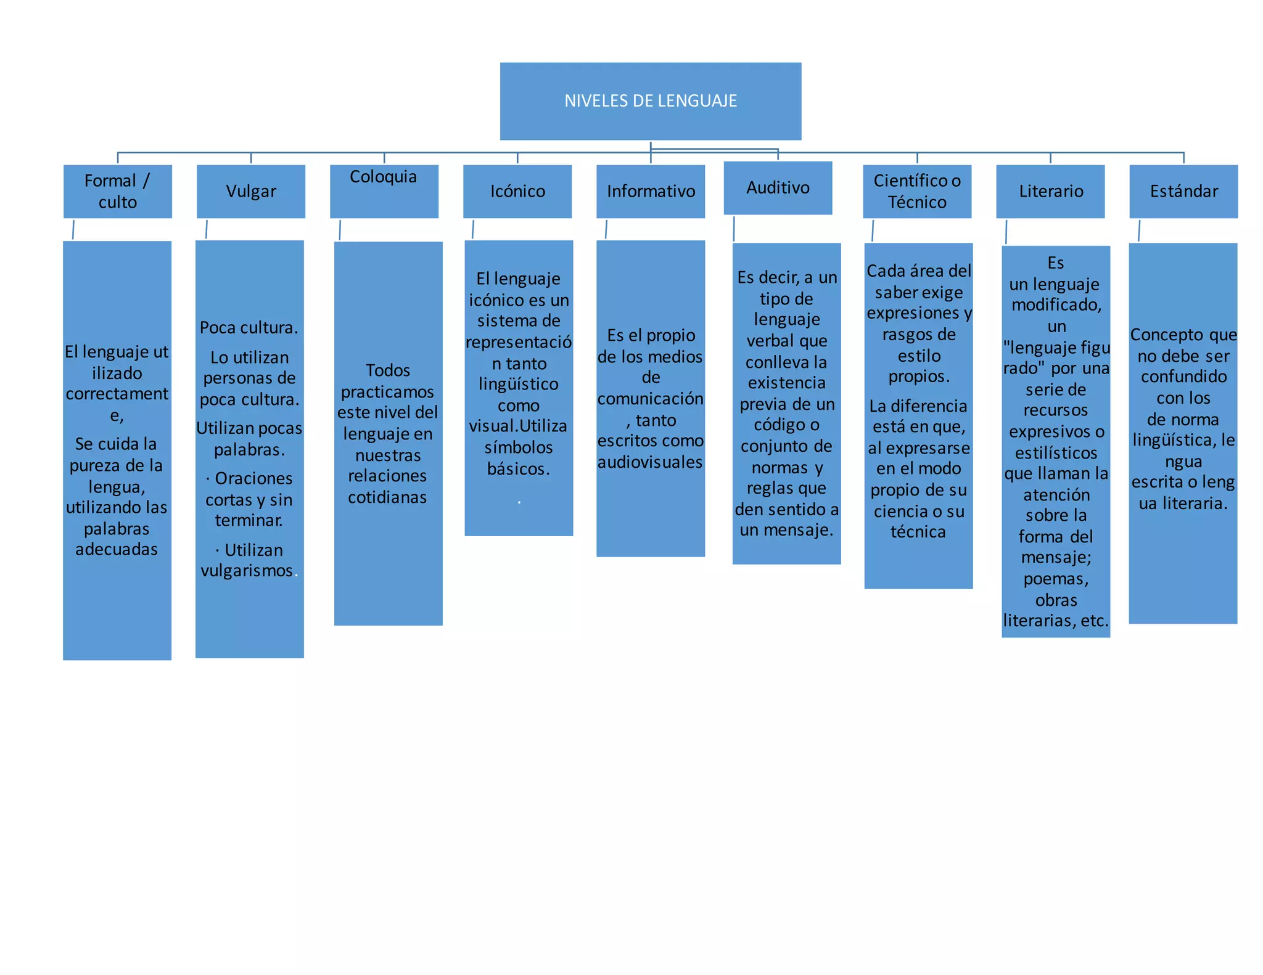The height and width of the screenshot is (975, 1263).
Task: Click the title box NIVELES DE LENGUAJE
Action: click(650, 101)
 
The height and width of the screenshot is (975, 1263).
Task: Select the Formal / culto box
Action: click(117, 191)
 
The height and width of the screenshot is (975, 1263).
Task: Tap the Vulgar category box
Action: click(250, 191)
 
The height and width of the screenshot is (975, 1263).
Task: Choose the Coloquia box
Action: click(384, 191)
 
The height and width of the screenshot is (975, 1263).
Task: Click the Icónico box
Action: click(517, 191)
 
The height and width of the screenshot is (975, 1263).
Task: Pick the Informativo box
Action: click(650, 191)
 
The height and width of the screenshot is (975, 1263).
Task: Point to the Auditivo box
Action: click(778, 187)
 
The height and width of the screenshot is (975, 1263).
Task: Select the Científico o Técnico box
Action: click(916, 191)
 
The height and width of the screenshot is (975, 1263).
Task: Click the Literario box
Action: click(1050, 191)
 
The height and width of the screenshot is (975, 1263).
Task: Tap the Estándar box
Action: click(1183, 191)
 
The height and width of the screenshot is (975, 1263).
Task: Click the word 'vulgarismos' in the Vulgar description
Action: click(247, 571)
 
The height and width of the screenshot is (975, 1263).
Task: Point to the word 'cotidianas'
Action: click(387, 497)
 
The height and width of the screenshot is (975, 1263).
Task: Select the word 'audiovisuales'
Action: click(650, 462)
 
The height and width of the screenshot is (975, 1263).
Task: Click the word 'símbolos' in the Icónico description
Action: click(518, 447)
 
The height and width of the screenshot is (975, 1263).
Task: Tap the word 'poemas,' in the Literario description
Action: click(1056, 579)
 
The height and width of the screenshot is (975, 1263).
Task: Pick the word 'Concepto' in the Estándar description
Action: click(1158, 335)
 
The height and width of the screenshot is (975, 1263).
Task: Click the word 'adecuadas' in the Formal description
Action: click(117, 549)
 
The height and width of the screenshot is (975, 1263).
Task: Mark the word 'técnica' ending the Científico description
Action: click(918, 532)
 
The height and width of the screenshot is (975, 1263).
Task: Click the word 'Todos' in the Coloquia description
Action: click(387, 370)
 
